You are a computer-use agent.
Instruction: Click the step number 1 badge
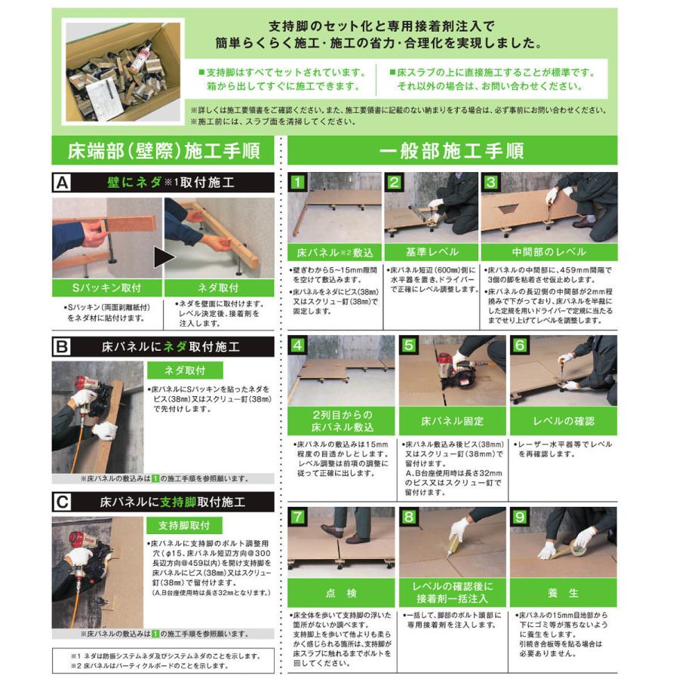pyautogui.click(x=299, y=181)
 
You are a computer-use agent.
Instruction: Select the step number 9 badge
pyautogui.click(x=519, y=517)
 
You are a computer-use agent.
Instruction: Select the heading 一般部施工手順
pyautogui.click(x=452, y=149)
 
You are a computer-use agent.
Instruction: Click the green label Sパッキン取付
pyautogui.click(x=106, y=287)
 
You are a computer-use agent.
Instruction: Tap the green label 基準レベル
pyautogui.click(x=431, y=252)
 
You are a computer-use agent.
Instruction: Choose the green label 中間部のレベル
pyautogui.click(x=549, y=252)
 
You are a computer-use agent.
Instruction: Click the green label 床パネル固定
pyautogui.click(x=452, y=420)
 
